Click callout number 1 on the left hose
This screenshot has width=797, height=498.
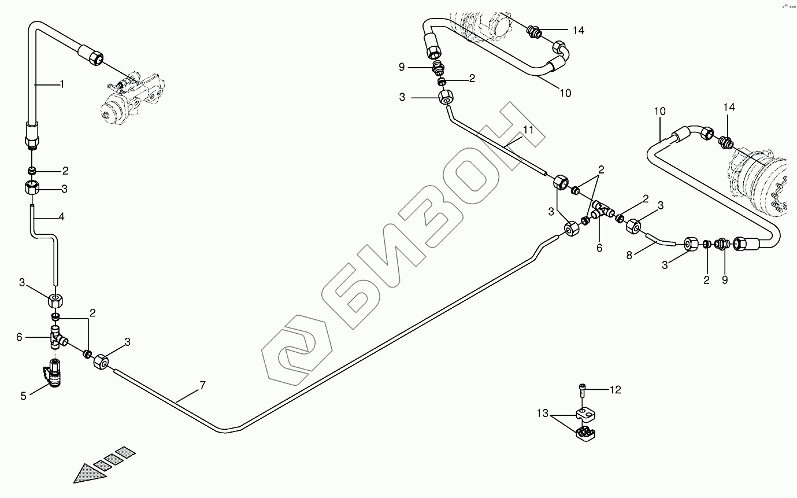(x=62, y=84)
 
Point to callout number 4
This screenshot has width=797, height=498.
(x=62, y=217)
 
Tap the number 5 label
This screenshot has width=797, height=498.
(x=24, y=396)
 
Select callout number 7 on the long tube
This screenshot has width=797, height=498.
(x=202, y=385)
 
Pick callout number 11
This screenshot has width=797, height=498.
(x=528, y=130)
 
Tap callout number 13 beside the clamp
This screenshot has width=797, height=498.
(x=542, y=413)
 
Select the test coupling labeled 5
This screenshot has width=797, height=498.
(x=53, y=373)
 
